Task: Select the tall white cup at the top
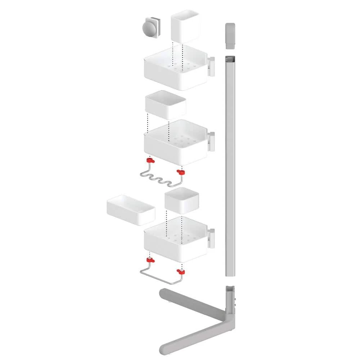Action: [185, 27]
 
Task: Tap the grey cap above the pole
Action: [230, 36]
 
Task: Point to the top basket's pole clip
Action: [211, 66]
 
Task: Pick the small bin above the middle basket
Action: [165, 105]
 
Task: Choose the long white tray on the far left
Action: [131, 210]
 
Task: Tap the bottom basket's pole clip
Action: [211, 238]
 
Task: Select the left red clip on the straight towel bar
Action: [149, 260]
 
